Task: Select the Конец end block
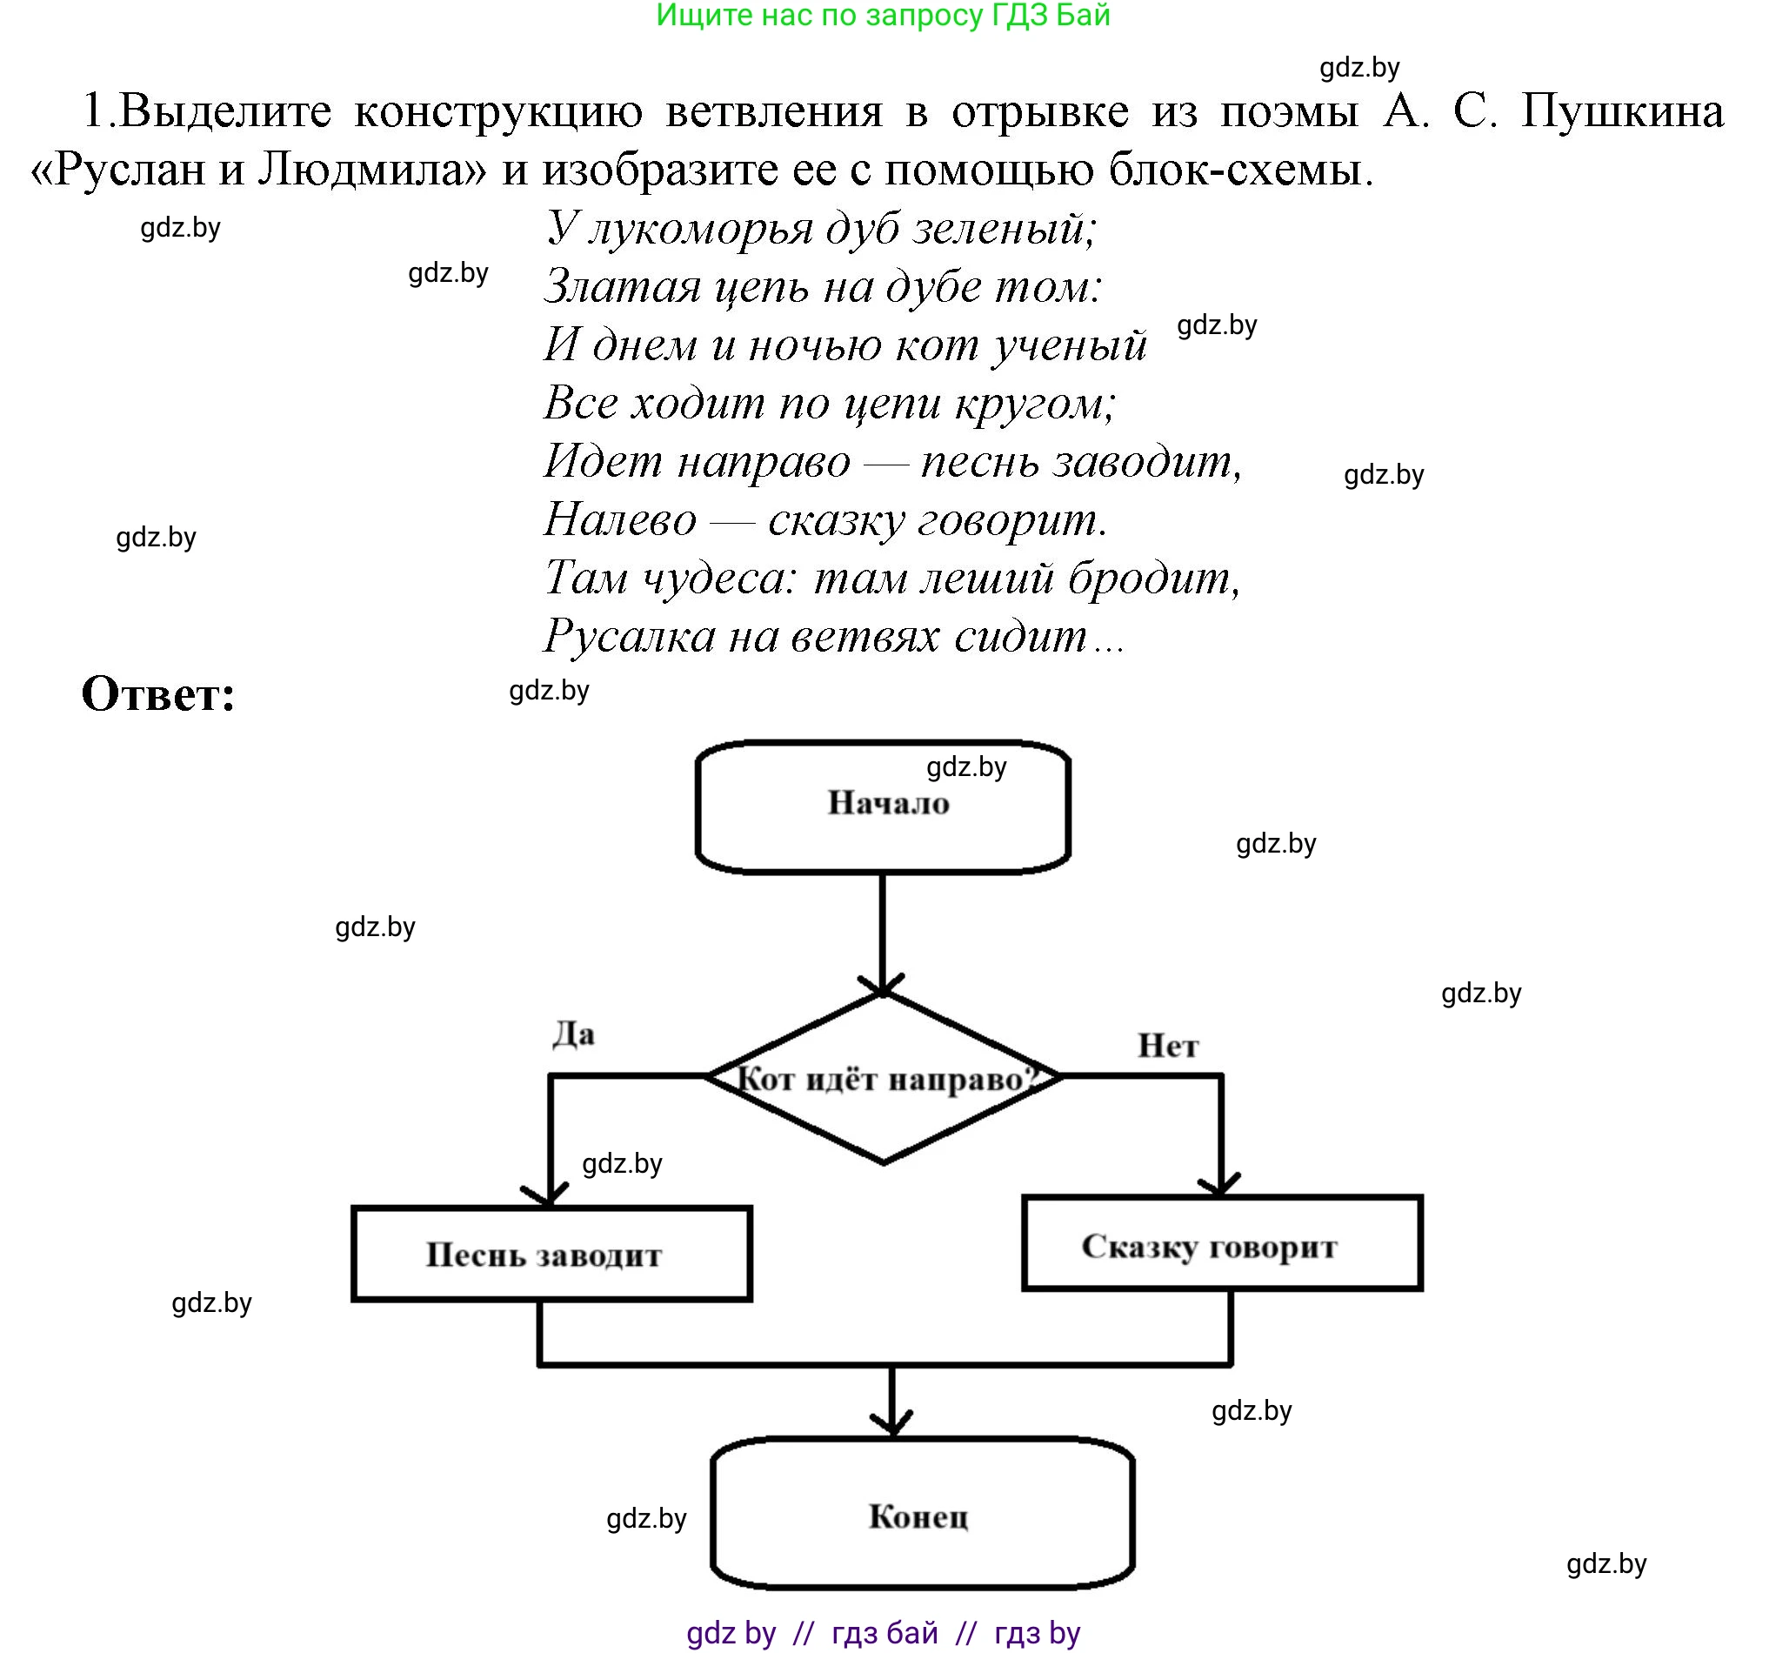922,1515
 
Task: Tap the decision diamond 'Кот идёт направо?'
883,1079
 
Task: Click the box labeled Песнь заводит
551,1255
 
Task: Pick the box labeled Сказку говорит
1222,1244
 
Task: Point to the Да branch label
574,1034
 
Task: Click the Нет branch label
1167,1046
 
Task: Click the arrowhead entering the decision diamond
882,986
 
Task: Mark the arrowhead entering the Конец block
892,1421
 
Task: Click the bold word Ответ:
158,694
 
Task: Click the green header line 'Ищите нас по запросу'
883,15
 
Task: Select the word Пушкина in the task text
1621,111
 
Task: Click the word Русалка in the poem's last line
629,636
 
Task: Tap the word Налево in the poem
619,519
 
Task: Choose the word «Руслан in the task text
118,168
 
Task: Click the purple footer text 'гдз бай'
884,1631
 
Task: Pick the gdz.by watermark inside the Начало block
966,766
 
